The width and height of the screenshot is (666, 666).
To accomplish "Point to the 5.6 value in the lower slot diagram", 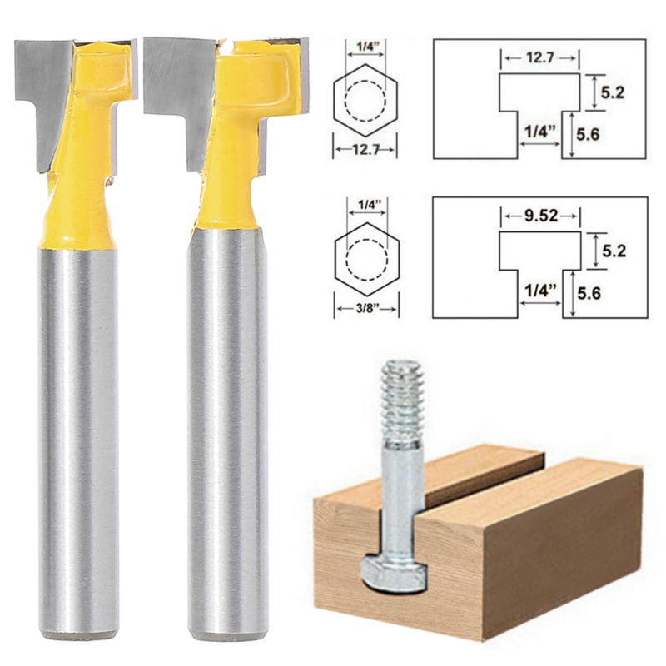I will point(613,293).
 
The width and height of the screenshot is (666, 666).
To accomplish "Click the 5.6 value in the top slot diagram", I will point(613,132).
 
